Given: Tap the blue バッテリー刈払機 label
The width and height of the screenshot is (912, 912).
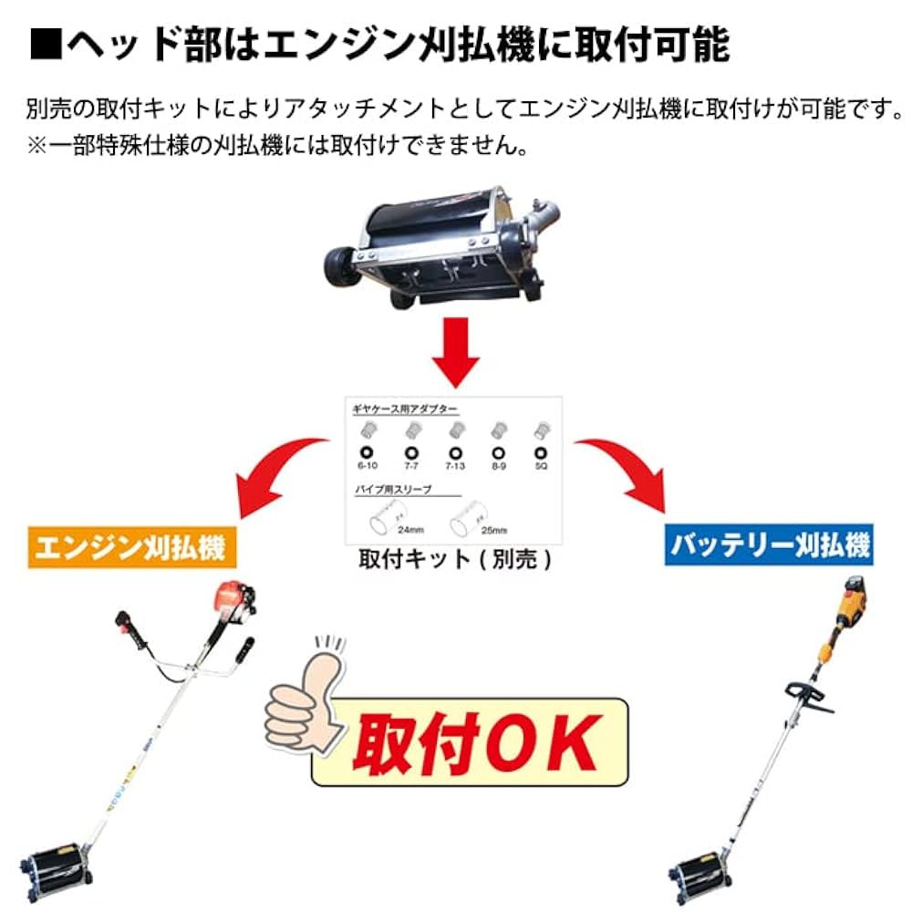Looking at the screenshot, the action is coord(769,544).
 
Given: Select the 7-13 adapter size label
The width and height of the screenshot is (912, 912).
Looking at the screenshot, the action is coord(453,466).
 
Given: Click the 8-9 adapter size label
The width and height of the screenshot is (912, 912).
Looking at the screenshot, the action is coord(498,466).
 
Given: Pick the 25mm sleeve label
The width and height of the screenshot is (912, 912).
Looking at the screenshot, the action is coord(492,529).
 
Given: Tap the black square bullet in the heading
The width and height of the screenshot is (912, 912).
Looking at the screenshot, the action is coord(43,43).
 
